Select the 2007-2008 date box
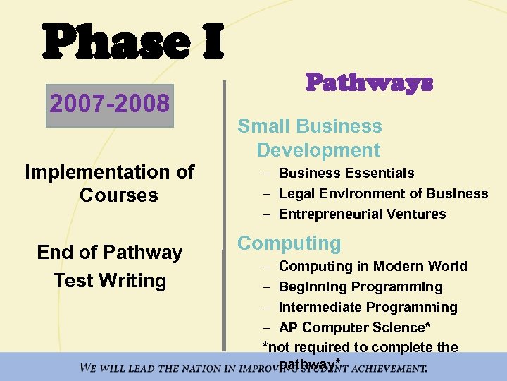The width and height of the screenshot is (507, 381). pos(109,104)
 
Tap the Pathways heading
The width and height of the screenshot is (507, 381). pos(369,83)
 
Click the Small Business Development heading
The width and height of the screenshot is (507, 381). pos(310,138)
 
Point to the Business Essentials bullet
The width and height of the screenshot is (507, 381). pos(346,173)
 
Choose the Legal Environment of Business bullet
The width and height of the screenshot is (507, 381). pos(383,193)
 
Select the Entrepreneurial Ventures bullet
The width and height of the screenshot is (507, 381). pos(362,214)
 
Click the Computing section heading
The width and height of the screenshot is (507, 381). pos(289,243)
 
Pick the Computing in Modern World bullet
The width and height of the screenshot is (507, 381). pos(373,266)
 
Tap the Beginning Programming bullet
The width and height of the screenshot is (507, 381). pos(361,286)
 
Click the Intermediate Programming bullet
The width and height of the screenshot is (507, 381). pos(368,307)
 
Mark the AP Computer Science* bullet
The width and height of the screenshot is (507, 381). pos(355,327)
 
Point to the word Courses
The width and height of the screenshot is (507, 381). pos(118,195)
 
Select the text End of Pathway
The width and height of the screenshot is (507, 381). pos(109,253)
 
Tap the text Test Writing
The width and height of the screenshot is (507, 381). pos(109,280)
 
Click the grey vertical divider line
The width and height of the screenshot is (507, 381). pos(225,212)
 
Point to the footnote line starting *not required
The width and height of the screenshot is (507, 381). pos(360,347)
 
